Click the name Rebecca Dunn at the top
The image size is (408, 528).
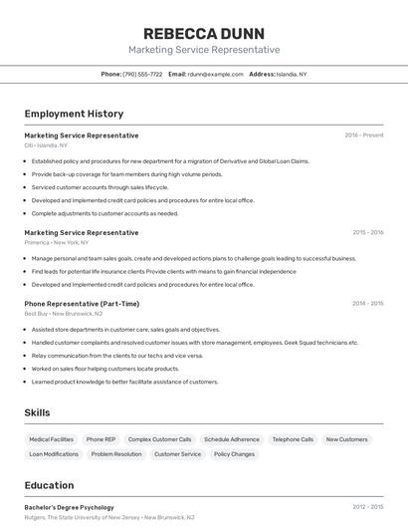tap(203, 33)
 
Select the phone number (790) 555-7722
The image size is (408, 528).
tap(142, 74)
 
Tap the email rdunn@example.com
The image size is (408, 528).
tap(215, 74)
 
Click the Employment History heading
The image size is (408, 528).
tap(74, 114)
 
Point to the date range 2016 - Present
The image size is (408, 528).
tap(363, 135)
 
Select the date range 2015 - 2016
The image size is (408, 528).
tap(367, 233)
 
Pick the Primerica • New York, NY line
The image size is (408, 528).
tap(56, 242)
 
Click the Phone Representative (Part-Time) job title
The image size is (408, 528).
tap(82, 304)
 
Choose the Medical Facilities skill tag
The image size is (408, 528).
tap(51, 439)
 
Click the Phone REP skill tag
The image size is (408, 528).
tap(101, 439)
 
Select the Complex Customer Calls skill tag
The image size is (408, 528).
tap(159, 439)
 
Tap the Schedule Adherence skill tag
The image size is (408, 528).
tap(231, 439)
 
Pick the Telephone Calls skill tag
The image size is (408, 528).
tap(293, 439)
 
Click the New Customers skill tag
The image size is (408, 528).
tap(346, 439)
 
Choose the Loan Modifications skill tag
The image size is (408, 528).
tap(54, 454)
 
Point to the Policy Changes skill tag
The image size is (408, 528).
tap(234, 454)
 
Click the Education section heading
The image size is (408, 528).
tap(49, 485)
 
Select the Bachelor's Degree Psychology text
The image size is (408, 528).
tap(69, 507)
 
